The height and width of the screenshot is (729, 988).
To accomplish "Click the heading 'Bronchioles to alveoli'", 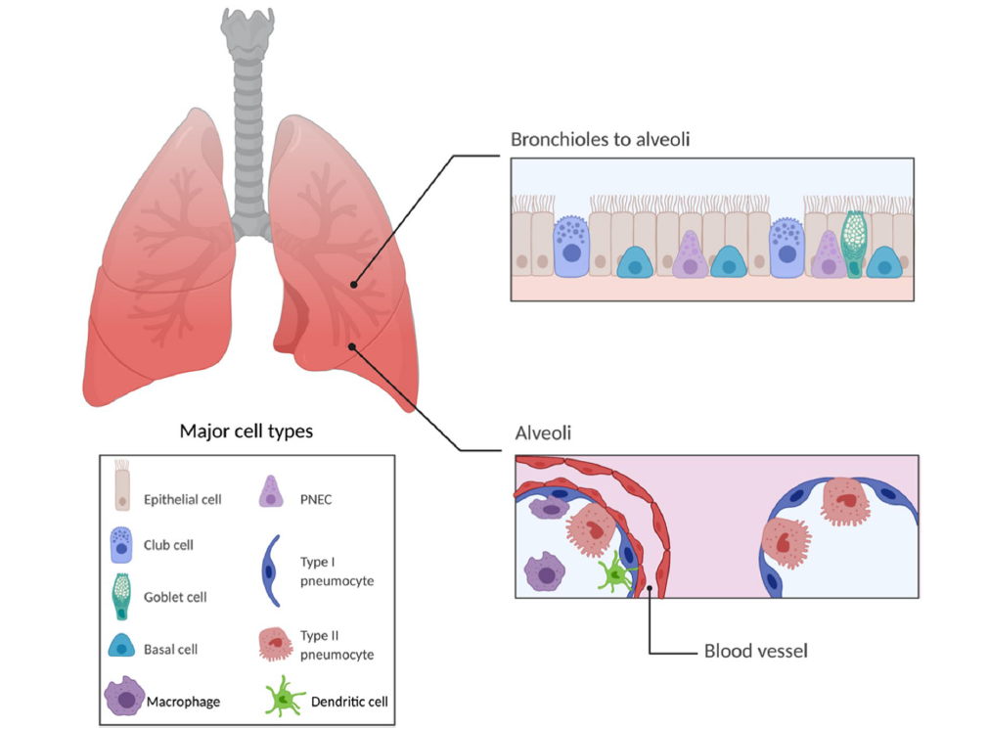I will [x=600, y=139].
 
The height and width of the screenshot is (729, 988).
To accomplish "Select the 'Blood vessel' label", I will [x=755, y=650].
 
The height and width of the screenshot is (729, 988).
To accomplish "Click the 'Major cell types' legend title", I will [x=247, y=431].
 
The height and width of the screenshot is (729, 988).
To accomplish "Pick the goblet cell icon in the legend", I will [x=122, y=596].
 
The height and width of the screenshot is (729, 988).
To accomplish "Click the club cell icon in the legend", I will [x=122, y=544].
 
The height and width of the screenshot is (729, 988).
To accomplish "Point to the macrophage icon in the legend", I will [x=124, y=699].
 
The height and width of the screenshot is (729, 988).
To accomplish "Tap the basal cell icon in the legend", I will [x=122, y=648].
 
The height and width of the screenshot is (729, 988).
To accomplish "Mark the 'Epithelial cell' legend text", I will [x=183, y=499].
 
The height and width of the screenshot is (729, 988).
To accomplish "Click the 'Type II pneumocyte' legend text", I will [x=337, y=645].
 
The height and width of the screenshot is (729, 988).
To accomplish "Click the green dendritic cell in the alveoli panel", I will [x=615, y=573].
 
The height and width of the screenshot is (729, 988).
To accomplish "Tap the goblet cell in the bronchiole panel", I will [x=855, y=244].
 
